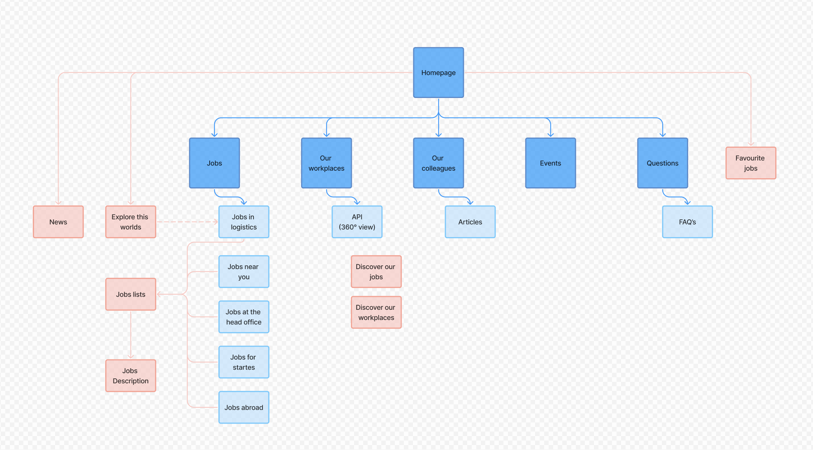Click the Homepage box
click(x=438, y=72)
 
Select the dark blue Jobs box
click(x=214, y=163)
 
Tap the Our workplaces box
click(x=326, y=163)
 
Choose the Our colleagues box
click(x=438, y=163)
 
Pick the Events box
click(x=551, y=163)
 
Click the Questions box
click(x=663, y=163)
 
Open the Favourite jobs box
click(x=751, y=163)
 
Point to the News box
click(x=58, y=222)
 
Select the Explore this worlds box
click(x=130, y=222)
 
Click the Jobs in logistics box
click(x=244, y=222)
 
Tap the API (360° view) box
click(x=357, y=222)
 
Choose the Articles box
click(x=470, y=222)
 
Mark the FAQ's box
click(x=687, y=222)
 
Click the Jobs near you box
click(x=244, y=271)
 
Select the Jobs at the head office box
click(x=244, y=317)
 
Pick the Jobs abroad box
click(x=244, y=407)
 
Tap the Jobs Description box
click(x=130, y=375)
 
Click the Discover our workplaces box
click(x=376, y=312)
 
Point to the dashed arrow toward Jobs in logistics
click(x=187, y=222)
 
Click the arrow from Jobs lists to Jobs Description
click(x=130, y=335)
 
